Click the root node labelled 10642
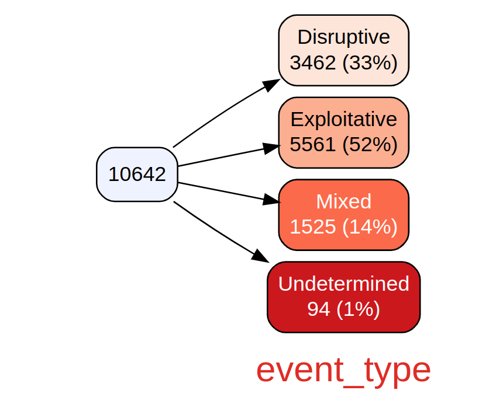137,175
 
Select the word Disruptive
343,37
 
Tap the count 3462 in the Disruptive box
313,62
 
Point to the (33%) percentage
370,62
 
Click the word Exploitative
343,120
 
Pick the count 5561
313,145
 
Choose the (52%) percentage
370,145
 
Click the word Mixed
343,201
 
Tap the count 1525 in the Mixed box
313,227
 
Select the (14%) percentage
370,227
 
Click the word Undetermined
343,284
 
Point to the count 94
319,309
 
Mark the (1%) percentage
359,309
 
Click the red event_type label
343,371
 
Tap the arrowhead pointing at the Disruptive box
271,85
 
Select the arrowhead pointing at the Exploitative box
271,148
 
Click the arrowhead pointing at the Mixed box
271,200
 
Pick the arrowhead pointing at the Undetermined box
260,256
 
